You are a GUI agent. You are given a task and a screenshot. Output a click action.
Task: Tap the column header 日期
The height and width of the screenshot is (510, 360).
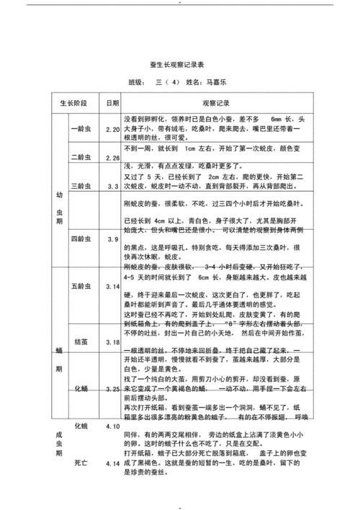112,103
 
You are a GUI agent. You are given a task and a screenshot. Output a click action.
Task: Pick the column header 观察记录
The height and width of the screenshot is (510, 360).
215,103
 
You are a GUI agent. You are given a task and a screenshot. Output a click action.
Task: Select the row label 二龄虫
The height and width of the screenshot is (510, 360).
81,157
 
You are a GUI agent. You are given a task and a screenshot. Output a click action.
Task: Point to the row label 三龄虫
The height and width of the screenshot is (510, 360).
81,186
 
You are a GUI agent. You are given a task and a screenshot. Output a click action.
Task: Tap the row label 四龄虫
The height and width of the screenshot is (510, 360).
81,238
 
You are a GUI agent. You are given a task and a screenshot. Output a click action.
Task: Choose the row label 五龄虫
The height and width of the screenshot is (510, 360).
81,287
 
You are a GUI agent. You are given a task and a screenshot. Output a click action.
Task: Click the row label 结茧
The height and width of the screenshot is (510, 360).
81,341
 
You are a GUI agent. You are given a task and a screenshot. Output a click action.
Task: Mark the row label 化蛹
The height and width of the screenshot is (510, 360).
81,389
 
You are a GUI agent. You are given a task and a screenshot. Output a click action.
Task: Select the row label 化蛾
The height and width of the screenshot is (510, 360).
81,426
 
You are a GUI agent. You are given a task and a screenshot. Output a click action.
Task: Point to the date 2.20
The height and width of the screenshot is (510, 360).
112,129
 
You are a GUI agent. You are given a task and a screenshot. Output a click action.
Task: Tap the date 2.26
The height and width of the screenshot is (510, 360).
112,158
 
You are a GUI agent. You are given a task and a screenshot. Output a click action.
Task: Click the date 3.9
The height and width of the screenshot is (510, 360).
112,238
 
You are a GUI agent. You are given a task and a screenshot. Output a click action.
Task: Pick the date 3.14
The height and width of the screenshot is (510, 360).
112,287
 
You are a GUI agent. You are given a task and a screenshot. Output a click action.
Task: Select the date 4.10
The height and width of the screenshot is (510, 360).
112,426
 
